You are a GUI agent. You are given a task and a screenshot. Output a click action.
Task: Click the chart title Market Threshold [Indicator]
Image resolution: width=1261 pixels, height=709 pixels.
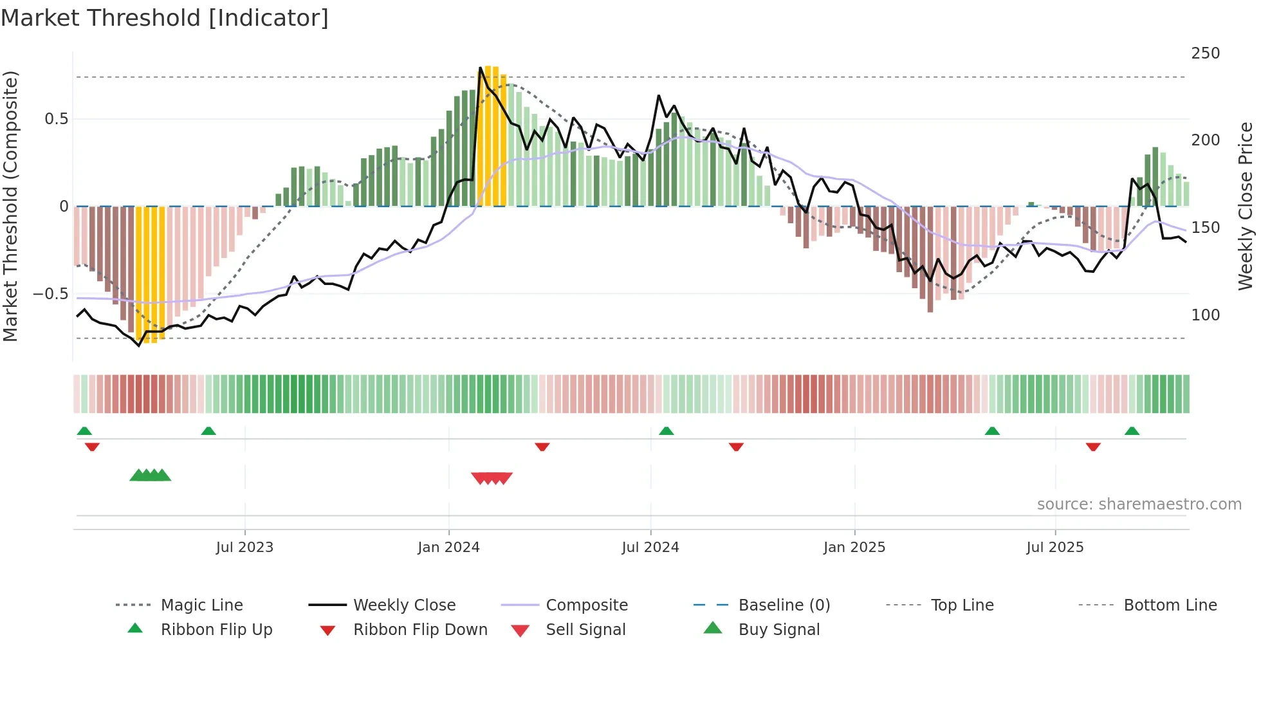164,18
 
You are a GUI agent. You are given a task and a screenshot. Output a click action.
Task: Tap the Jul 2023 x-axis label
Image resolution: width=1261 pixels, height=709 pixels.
244,548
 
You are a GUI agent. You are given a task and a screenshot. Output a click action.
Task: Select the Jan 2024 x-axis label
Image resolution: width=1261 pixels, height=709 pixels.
448,548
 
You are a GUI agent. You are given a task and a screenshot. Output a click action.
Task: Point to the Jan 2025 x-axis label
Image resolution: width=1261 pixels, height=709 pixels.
854,548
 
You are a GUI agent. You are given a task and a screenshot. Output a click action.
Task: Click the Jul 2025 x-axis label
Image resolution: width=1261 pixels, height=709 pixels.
1055,548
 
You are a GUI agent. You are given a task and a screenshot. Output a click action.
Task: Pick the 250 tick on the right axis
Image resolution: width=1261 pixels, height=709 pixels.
1205,53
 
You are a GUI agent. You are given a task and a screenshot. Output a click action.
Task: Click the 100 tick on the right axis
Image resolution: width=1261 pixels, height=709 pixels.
1205,315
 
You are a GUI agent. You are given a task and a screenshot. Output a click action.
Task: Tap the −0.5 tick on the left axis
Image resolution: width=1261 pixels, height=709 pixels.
51,294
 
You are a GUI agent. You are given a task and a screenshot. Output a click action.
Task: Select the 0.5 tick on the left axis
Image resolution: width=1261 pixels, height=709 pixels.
56,119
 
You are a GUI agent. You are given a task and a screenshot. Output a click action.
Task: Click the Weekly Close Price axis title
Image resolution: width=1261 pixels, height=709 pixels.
1246,206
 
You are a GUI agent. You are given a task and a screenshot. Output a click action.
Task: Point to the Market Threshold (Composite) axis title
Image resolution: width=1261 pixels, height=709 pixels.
11,206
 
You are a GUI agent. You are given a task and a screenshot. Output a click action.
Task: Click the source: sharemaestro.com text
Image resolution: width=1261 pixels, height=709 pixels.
1139,504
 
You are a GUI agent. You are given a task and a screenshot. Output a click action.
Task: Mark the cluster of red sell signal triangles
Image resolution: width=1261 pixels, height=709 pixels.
492,478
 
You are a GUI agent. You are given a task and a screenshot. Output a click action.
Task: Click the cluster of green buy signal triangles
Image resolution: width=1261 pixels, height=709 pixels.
151,475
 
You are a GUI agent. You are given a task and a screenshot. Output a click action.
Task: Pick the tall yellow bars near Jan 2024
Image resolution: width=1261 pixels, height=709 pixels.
492,135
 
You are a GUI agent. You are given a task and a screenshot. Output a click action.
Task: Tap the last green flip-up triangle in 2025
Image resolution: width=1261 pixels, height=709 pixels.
1132,431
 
